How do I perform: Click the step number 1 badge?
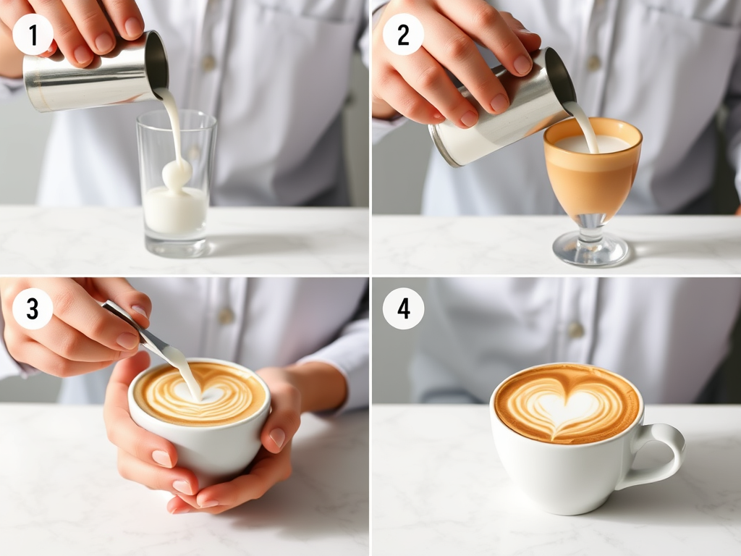[x=33, y=35]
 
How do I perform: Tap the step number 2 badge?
[x=403, y=35]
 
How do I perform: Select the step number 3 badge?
[x=33, y=308]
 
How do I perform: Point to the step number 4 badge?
[x=403, y=308]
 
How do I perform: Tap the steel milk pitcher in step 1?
[x=95, y=72]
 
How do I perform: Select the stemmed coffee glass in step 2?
[x=592, y=189]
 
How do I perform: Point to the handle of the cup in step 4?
[x=661, y=454]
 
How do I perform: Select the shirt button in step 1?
[x=208, y=62]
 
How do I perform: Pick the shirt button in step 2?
[x=593, y=62]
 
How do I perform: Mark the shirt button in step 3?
[x=226, y=316]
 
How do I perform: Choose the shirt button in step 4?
[x=575, y=329]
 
